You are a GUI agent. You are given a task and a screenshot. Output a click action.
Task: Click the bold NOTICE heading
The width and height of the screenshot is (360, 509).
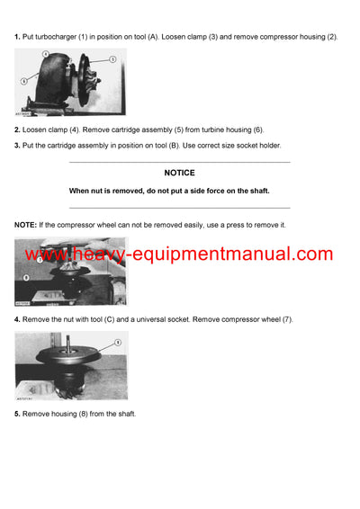coord(179,173)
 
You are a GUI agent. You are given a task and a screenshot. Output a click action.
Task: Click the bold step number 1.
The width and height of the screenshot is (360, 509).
coord(17,36)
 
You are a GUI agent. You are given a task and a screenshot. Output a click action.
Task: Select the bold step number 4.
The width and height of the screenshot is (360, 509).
coord(17,319)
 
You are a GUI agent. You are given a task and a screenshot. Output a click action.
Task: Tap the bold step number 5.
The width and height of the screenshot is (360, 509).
coord(17,413)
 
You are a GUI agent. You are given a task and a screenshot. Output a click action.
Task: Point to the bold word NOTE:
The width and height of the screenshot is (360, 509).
coord(26,224)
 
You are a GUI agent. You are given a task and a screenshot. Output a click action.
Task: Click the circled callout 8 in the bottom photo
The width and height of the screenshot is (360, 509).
coord(116,343)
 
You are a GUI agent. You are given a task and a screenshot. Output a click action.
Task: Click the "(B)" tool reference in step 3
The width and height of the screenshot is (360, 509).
coord(167,145)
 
